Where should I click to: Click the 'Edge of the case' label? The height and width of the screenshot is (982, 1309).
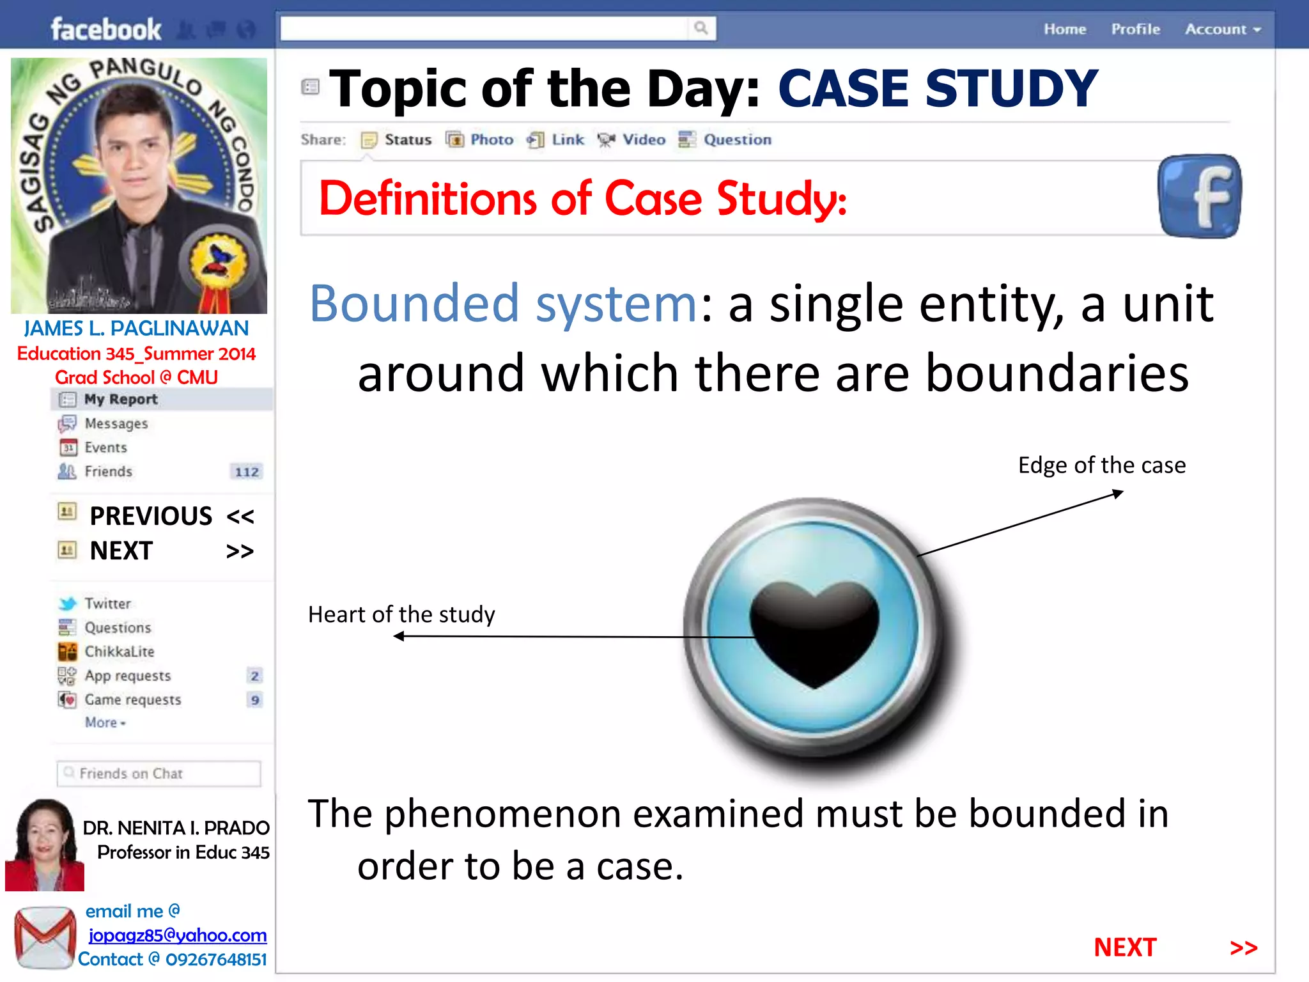pos(1101,465)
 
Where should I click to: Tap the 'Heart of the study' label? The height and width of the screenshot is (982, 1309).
pos(401,614)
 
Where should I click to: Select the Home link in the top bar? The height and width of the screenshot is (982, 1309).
pos(1065,29)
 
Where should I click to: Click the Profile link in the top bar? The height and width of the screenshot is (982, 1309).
pos(1135,29)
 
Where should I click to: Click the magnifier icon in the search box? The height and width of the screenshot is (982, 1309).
pos(701,28)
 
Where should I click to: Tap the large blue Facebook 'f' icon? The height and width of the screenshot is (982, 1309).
pos(1199,196)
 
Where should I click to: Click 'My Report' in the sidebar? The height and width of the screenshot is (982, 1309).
pos(120,400)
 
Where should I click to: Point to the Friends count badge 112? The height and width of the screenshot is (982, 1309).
pos(247,472)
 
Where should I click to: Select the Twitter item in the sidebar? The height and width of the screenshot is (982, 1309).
pos(107,604)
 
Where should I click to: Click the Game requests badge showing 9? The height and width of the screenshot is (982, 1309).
pos(255,700)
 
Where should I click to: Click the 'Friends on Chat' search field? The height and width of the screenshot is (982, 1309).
pos(159,774)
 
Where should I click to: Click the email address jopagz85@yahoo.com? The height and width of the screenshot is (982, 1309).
pos(178,935)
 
